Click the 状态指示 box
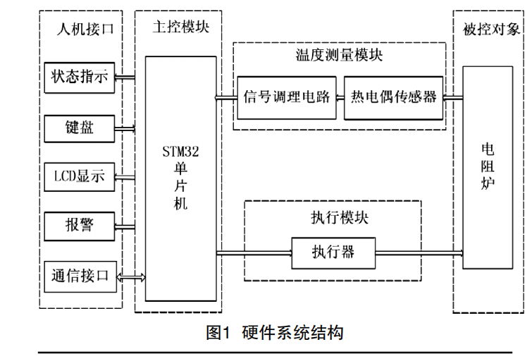[x=79, y=78]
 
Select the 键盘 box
[x=79, y=128]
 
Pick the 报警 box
[x=79, y=226]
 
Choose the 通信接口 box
[x=79, y=276]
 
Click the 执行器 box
[x=333, y=250]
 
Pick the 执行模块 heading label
[x=333, y=216]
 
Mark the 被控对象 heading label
[x=488, y=28]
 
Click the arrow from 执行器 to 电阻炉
[x=419, y=251]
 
